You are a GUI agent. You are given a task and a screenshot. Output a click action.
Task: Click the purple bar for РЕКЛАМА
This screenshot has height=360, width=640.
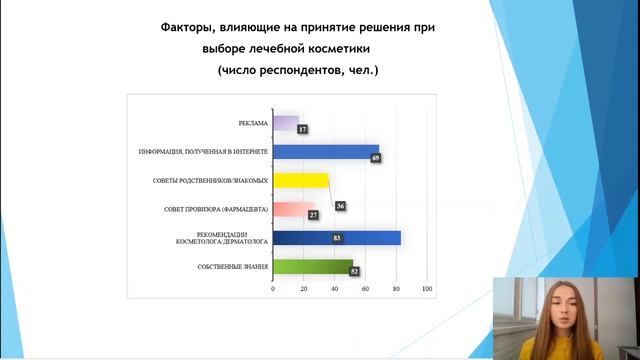(285, 123)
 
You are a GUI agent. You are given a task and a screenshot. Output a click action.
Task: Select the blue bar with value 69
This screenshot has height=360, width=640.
(325, 152)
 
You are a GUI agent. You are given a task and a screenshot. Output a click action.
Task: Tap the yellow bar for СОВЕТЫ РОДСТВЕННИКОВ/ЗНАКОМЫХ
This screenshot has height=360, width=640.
(300, 180)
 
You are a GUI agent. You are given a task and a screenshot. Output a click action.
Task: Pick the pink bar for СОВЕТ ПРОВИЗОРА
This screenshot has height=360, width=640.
(293, 209)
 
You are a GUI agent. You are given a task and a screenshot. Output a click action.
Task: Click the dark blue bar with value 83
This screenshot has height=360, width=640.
(336, 238)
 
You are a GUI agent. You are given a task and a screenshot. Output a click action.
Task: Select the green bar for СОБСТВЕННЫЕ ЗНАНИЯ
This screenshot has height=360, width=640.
(312, 267)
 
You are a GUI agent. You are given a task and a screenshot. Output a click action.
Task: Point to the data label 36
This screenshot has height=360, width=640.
(341, 206)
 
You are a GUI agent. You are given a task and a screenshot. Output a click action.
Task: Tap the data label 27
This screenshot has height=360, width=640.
(311, 215)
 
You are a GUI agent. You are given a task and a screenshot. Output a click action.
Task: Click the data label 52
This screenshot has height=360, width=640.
(355, 271)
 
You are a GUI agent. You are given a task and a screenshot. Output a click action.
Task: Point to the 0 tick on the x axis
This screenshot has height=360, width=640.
(273, 289)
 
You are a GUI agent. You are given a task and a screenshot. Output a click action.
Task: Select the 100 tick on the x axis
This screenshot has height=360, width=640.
(427, 289)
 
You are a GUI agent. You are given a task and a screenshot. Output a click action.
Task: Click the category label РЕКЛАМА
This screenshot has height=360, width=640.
(253, 123)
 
